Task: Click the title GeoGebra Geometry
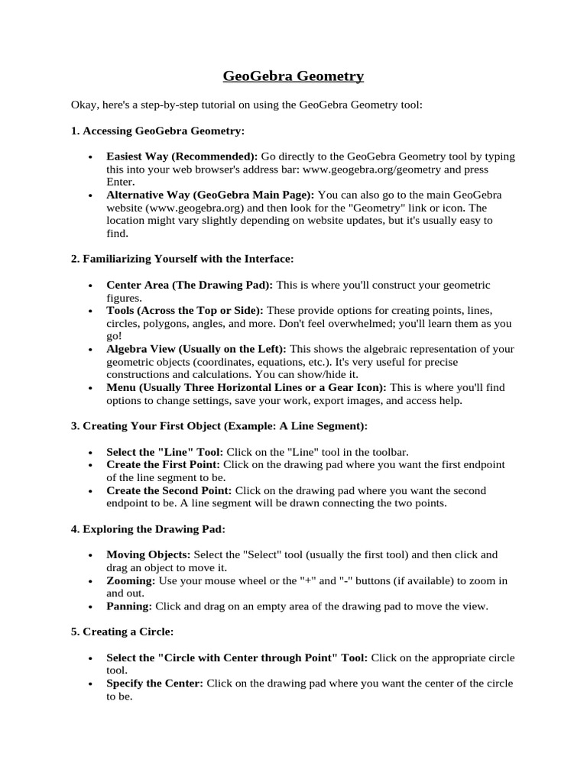(293, 76)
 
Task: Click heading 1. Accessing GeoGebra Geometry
(157, 131)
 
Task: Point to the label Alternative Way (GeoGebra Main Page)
(210, 195)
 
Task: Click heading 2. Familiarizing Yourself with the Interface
(182, 259)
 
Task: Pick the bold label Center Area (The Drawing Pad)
(190, 285)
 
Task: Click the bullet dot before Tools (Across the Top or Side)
(91, 312)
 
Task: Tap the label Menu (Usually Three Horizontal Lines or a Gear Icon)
(246, 387)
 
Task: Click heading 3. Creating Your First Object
(219, 425)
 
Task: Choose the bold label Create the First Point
(163, 464)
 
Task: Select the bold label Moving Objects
(149, 554)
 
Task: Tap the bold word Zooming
(131, 580)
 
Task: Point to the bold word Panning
(129, 606)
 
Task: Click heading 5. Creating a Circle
(122, 632)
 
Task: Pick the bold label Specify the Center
(154, 683)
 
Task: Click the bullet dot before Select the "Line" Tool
(91, 452)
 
